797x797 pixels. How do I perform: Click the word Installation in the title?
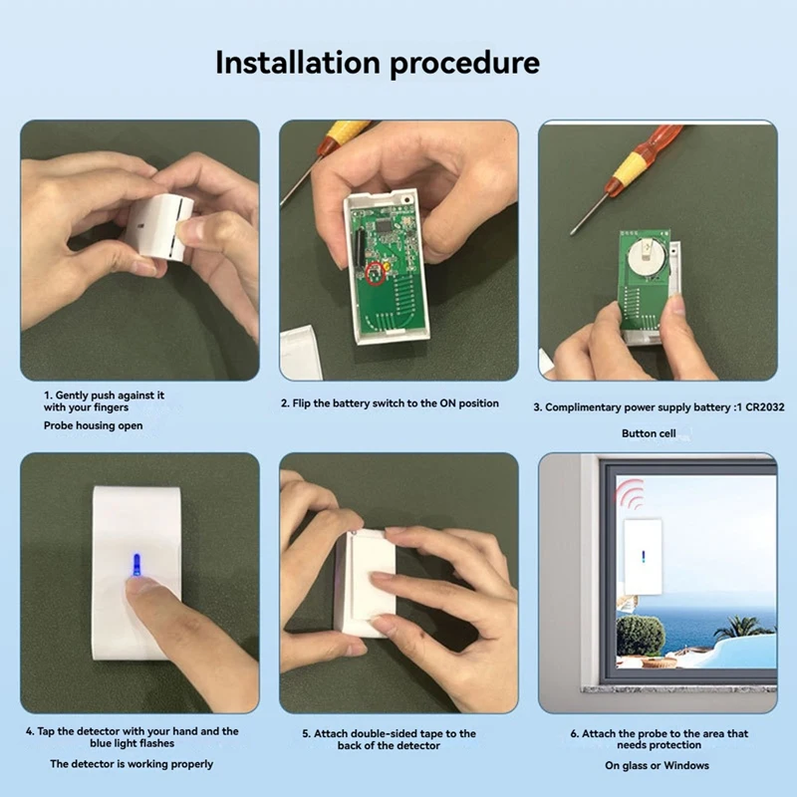297,63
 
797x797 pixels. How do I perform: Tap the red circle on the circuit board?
378,272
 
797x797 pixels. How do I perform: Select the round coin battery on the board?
644,256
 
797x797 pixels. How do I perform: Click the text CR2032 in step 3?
763,407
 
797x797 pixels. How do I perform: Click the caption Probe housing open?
93,425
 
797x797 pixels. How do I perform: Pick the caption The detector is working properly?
132,764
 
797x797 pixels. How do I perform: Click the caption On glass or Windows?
657,765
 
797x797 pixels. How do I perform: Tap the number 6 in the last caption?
574,733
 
